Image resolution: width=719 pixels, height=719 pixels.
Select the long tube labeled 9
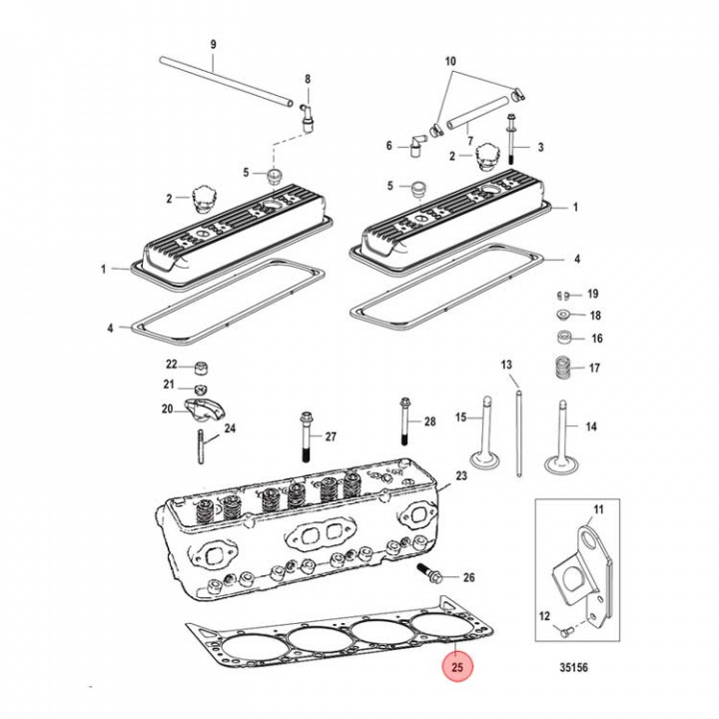pyautogui.click(x=226, y=80)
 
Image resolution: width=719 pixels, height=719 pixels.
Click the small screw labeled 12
pyautogui.click(x=567, y=631)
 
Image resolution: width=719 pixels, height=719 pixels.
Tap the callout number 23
pyautogui.click(x=460, y=476)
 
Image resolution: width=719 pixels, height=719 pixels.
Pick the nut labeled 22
pyautogui.click(x=199, y=364)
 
